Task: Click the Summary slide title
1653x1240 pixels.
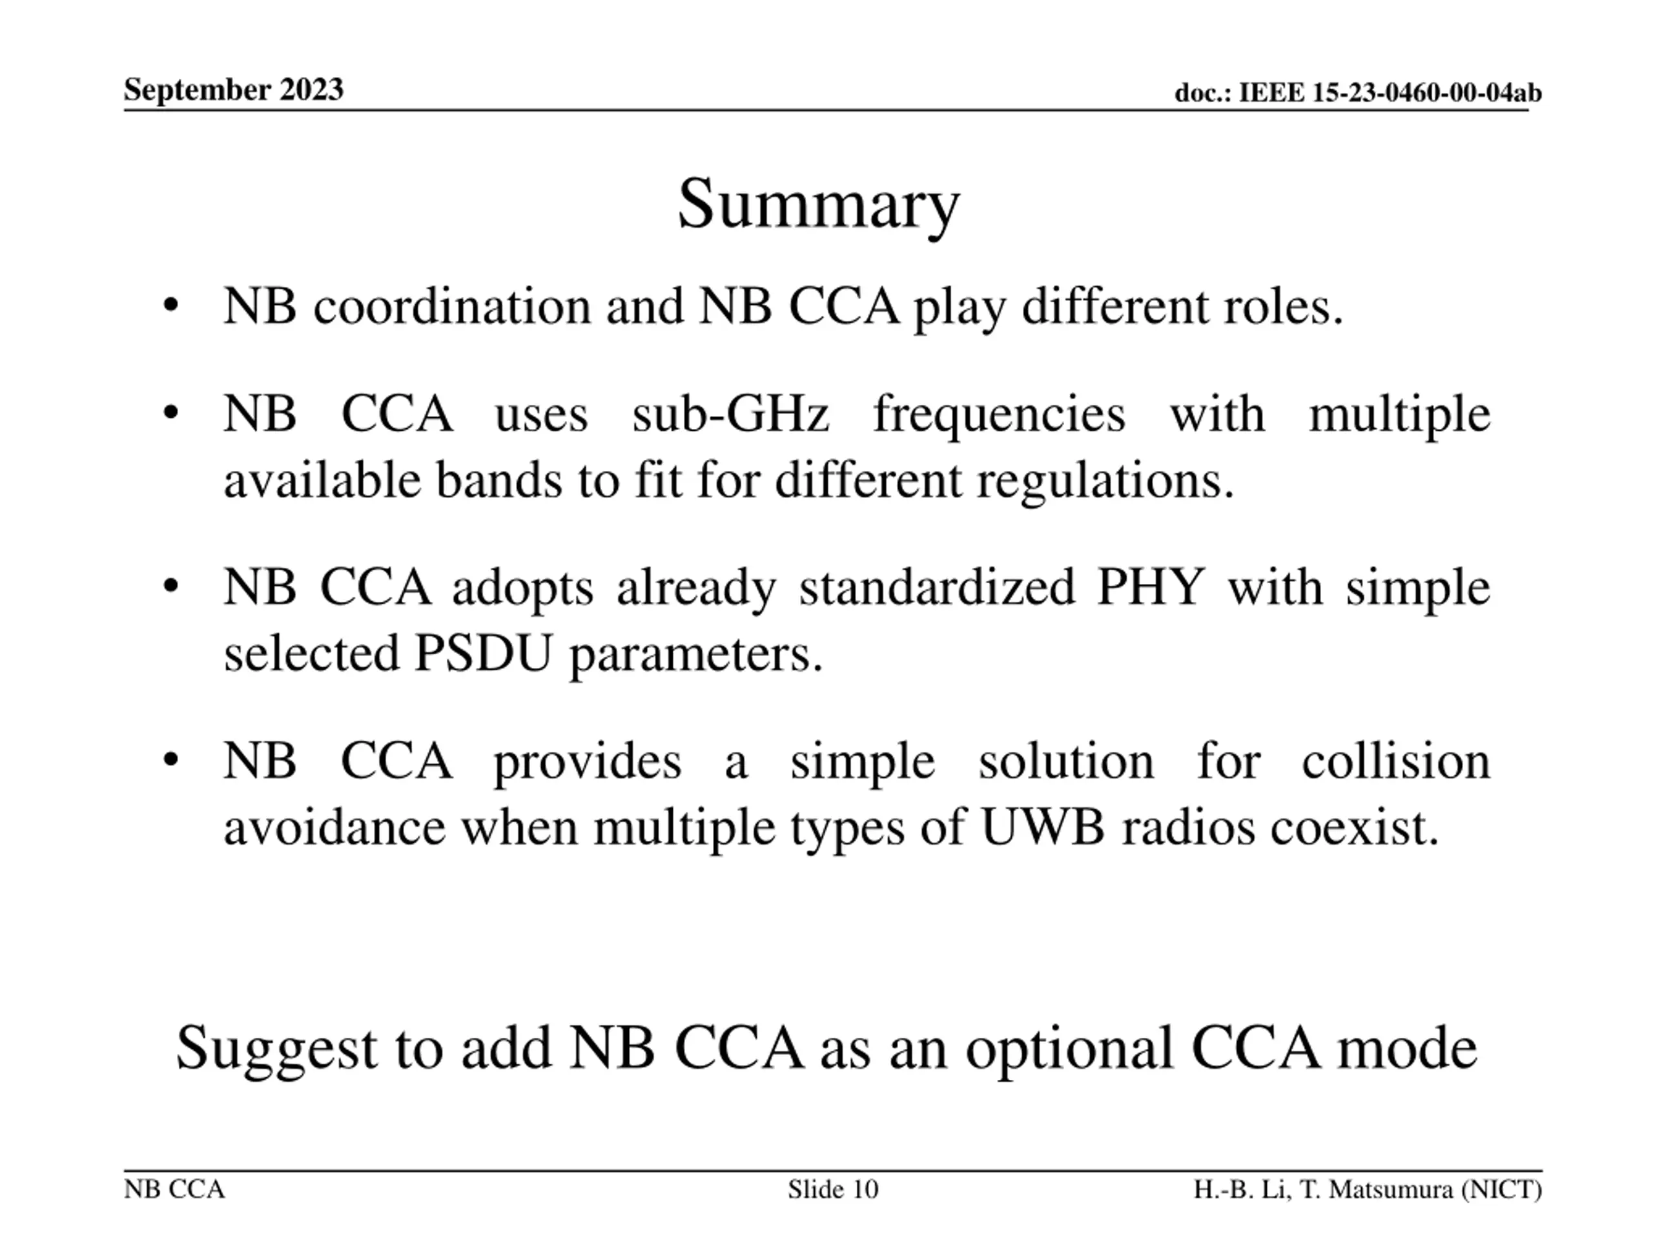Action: coord(818,206)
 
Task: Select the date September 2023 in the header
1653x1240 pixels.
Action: coord(234,90)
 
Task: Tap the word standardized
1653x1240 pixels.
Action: coord(937,588)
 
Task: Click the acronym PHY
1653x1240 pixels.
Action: coord(1151,588)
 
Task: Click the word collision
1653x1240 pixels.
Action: coord(1396,761)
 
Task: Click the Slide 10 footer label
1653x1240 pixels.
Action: coord(833,1189)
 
